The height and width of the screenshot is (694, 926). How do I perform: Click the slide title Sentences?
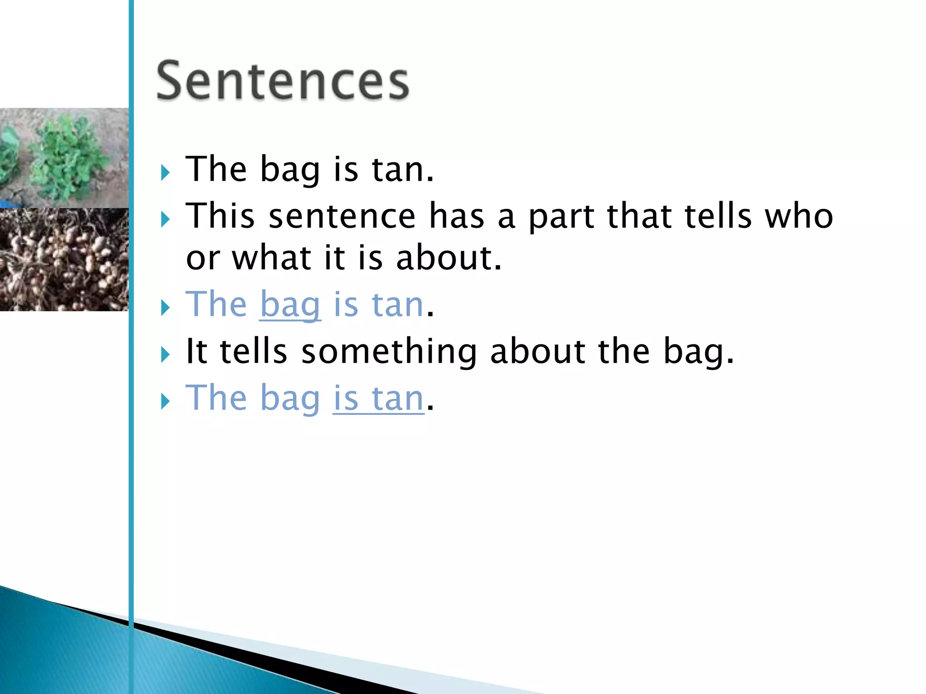(283, 81)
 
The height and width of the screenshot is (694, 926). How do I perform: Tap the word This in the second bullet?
(220, 216)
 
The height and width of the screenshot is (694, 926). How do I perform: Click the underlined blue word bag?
(290, 305)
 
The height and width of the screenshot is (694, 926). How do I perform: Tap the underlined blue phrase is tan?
(378, 399)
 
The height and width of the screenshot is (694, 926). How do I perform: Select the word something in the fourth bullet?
(389, 352)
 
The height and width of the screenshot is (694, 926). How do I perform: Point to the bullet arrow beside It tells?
(165, 355)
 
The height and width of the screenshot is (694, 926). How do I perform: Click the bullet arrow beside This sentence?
(165, 220)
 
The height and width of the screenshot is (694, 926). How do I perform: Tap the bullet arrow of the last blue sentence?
(165, 401)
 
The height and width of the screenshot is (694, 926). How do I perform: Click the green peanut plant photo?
(64, 157)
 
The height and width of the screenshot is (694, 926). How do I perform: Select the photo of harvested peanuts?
(64, 259)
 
